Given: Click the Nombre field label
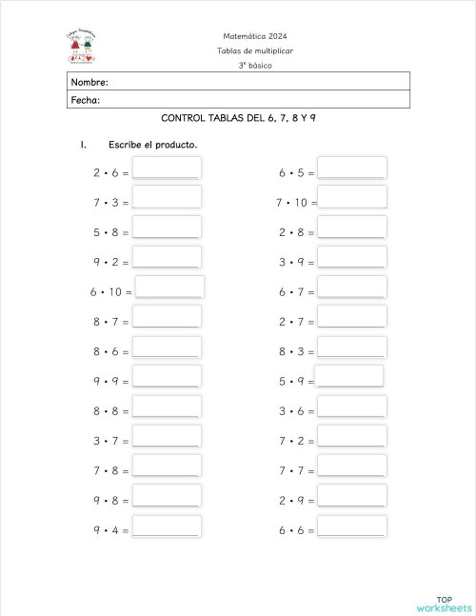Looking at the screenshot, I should coord(89,82).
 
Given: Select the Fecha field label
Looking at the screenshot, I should coord(86,100).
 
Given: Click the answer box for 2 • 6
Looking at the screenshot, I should coord(167,168).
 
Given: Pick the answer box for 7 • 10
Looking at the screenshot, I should coord(352,197).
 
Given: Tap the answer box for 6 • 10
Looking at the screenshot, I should coord(170,287).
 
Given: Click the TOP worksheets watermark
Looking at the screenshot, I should coord(444,602).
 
